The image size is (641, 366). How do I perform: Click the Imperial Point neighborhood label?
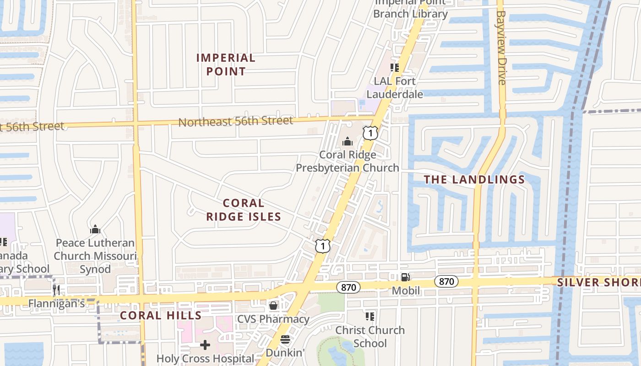point(226,65)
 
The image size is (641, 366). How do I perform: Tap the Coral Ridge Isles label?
point(243,210)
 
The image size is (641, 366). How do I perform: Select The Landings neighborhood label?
point(474,179)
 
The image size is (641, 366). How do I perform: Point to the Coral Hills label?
point(160,315)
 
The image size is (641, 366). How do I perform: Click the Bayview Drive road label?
point(501,47)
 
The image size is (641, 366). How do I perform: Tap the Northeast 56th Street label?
point(235,121)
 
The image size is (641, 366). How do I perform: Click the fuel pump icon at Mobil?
point(405,277)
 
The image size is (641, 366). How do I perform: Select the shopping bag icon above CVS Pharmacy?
point(273,305)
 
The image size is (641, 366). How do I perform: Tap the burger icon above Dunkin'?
point(285,339)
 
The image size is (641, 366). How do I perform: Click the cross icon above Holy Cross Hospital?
point(205,344)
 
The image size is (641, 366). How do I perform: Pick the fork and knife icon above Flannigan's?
point(56,289)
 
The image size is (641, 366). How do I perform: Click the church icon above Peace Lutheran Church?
point(95,229)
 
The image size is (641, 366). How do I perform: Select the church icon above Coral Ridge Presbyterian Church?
point(348,141)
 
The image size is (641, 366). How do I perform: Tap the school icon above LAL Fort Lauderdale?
point(395,68)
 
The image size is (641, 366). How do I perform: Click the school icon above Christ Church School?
point(370,316)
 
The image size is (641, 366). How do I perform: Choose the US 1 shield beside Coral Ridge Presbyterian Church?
point(370,133)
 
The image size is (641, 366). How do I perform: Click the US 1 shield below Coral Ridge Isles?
point(323,246)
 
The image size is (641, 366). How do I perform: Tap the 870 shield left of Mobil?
point(348,287)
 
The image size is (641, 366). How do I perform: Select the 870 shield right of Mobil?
point(446,281)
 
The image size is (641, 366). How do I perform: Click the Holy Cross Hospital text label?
point(205,358)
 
